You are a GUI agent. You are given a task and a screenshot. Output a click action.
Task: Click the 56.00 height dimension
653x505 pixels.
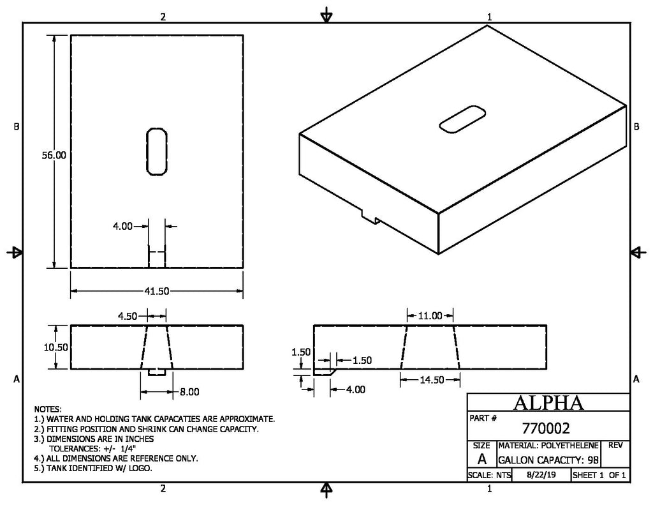click(x=54, y=155)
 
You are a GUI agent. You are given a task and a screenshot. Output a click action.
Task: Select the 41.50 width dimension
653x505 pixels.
click(x=157, y=291)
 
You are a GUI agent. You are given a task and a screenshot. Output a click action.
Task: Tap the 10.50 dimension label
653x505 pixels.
click(x=56, y=347)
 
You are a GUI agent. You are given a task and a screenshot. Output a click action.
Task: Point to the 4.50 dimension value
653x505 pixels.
click(x=128, y=316)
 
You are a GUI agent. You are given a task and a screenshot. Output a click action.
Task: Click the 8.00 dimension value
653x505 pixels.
click(x=189, y=392)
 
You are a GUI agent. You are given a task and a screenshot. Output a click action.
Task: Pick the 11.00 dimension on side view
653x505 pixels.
click(x=430, y=315)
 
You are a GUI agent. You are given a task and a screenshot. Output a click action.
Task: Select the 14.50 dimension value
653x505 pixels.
click(x=432, y=380)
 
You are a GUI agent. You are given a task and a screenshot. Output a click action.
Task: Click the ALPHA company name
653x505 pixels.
click(x=548, y=403)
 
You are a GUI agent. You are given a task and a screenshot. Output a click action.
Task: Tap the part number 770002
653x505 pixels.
click(x=546, y=428)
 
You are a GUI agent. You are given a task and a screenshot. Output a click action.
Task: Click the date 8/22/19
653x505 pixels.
click(x=541, y=474)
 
